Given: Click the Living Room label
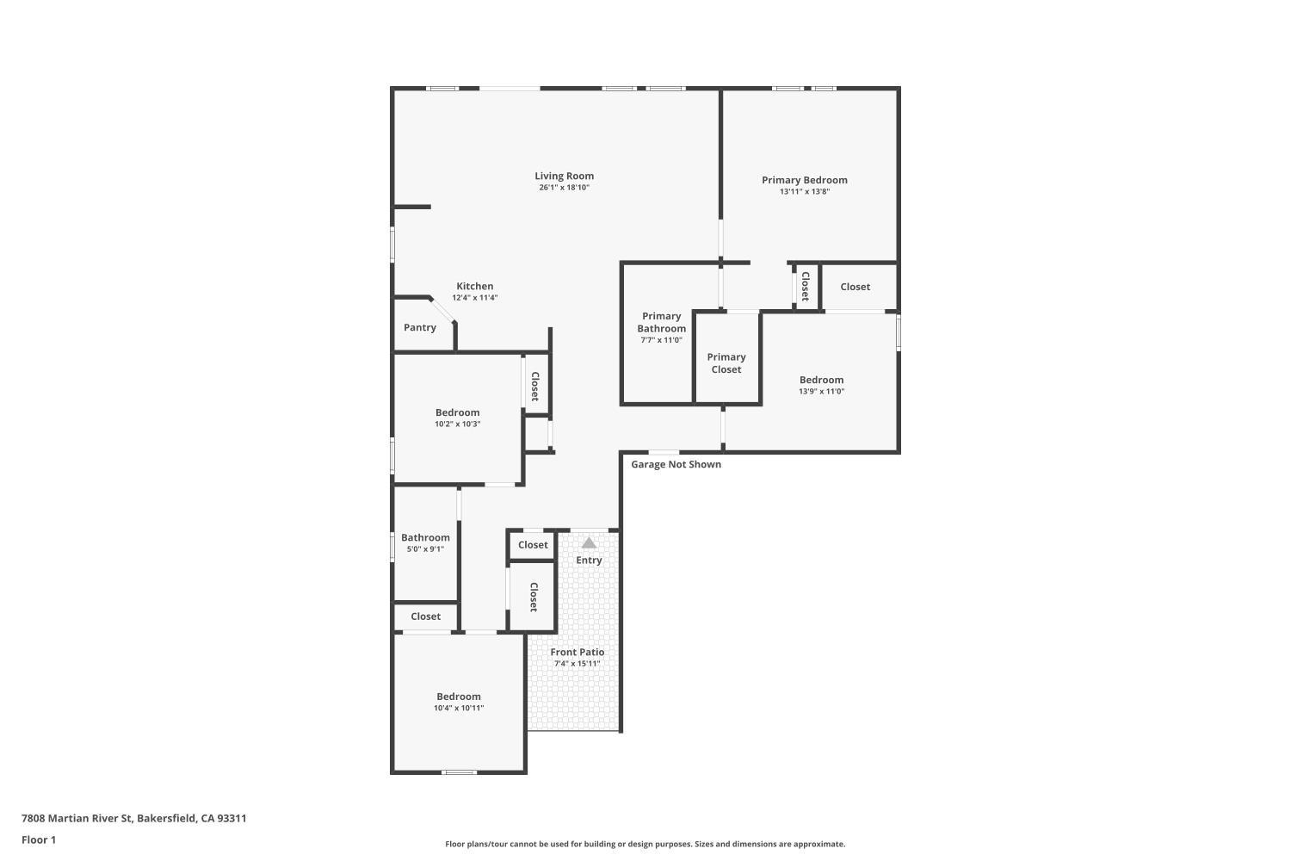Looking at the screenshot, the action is click(x=564, y=176).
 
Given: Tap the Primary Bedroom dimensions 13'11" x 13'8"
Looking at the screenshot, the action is click(x=805, y=191).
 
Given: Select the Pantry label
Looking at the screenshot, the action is click(x=420, y=327).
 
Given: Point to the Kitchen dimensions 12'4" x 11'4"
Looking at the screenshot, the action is click(x=474, y=298).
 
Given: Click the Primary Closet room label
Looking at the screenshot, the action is click(x=726, y=363).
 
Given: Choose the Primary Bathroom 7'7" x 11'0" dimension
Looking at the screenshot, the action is click(x=661, y=340).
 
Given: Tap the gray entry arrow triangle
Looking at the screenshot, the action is click(x=589, y=542).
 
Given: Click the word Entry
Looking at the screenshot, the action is click(x=589, y=560).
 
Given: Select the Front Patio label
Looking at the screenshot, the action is click(x=577, y=653).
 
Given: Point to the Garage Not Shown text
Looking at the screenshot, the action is click(x=676, y=464).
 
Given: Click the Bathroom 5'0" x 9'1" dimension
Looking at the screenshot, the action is click(x=425, y=549).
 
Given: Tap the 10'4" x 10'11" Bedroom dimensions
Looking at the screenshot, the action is click(x=459, y=709).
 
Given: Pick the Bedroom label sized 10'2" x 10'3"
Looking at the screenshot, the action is click(x=458, y=412).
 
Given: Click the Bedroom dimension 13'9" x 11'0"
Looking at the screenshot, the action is click(x=821, y=391).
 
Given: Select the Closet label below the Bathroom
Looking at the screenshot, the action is click(x=425, y=616).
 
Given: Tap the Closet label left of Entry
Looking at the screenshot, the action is click(x=533, y=545).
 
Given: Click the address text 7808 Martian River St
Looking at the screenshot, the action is click(x=77, y=818).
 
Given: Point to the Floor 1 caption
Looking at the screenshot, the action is click(x=39, y=839).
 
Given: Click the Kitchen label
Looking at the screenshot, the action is click(x=474, y=286).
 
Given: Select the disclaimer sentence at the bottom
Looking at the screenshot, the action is click(x=645, y=844).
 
